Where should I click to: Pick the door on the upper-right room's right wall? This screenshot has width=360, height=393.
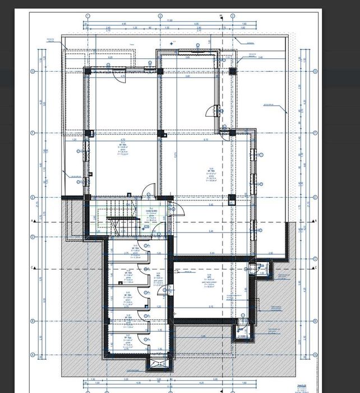(214, 111)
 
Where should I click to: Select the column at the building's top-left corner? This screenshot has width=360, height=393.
(87, 71)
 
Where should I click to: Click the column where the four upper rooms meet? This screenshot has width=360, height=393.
(160, 134)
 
